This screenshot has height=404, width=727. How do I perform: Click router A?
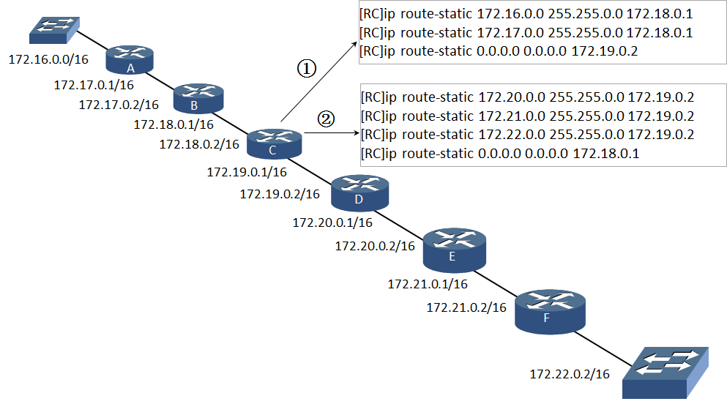pyautogui.click(x=130, y=60)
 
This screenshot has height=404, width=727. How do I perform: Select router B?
pyautogui.click(x=198, y=99)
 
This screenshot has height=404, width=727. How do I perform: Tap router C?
pyautogui.click(x=275, y=144)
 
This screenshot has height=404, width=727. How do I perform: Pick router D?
pyautogui.click(x=359, y=192)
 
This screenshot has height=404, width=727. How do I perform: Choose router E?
pyautogui.click(x=455, y=250)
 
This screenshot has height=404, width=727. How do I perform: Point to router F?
pyautogui.click(x=550, y=312)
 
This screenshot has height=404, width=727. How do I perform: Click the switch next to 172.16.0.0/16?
pyautogui.click(x=55, y=31)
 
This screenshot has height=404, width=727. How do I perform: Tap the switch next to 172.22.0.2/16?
pyautogui.click(x=666, y=373)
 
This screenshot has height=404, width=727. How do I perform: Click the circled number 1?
pyautogui.click(x=307, y=69)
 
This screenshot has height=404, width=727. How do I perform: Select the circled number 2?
pyautogui.click(x=326, y=119)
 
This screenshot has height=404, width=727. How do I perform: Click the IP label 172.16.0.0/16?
pyautogui.click(x=48, y=59)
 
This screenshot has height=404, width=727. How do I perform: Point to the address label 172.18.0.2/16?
pyautogui.click(x=199, y=145)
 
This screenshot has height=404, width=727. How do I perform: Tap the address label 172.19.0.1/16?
pyautogui.click(x=247, y=172)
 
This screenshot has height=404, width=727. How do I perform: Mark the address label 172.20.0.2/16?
pyautogui.click(x=375, y=246)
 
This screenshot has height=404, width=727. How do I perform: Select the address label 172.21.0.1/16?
pyautogui.click(x=428, y=284)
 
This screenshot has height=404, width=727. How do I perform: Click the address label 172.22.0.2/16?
pyautogui.click(x=570, y=374)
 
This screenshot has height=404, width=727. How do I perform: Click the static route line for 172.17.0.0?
pyautogui.click(x=526, y=33)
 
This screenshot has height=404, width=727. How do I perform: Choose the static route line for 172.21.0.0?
pyautogui.click(x=528, y=116)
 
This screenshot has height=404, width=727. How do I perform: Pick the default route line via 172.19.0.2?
pyautogui.click(x=499, y=51)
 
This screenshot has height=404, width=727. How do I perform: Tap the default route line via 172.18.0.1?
pyautogui.click(x=500, y=154)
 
